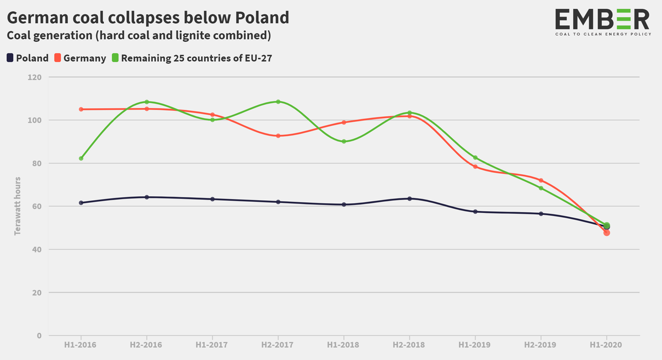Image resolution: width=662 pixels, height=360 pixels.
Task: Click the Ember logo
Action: click(x=602, y=23)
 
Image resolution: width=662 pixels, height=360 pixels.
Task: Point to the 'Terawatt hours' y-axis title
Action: click(x=18, y=206)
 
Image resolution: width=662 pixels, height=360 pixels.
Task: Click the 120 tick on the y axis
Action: click(x=35, y=77)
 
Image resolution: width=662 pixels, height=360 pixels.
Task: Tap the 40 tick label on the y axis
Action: click(x=36, y=249)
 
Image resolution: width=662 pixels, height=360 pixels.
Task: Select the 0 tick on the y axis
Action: click(x=39, y=335)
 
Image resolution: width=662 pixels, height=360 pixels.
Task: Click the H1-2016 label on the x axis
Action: click(x=81, y=345)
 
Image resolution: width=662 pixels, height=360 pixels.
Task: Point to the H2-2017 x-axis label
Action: click(x=278, y=345)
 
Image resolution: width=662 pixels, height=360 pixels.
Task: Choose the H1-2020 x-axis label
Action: click(x=606, y=345)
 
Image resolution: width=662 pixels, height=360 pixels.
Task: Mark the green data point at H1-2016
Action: click(x=81, y=158)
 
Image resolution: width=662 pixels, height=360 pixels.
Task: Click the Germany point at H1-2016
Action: click(x=81, y=109)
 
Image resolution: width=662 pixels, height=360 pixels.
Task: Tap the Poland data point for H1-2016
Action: click(x=81, y=203)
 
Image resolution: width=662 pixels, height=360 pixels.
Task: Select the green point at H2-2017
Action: click(x=278, y=101)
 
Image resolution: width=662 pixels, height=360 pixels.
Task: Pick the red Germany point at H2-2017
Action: click(x=278, y=136)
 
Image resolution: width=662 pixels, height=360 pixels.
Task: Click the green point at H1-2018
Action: click(x=344, y=142)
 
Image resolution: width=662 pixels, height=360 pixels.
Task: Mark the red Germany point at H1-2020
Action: click(x=607, y=233)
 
